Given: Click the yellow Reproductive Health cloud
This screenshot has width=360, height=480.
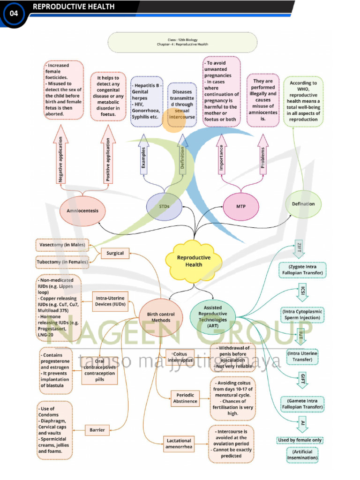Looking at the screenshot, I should point(194,261).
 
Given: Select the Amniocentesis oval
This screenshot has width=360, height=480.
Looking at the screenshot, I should point(82,210).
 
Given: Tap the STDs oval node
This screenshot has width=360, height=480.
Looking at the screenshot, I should point(164,206).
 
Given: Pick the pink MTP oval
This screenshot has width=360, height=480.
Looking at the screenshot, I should point(241,206).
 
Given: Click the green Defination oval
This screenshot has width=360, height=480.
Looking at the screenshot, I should point(303,204).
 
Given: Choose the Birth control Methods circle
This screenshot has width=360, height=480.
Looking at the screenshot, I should point(161,317).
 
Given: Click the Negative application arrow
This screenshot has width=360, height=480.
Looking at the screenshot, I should point(61,156).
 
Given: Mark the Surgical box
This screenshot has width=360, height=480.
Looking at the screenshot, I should point(115,253).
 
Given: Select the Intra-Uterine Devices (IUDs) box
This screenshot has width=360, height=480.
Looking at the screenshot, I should point(111,301).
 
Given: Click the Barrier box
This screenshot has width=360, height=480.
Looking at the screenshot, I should point(97,429).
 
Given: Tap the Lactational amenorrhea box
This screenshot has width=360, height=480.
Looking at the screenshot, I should point(178,443).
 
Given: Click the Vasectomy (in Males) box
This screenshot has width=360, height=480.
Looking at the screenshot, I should point(62,245).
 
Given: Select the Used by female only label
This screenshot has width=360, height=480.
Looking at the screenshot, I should point(300,440).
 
